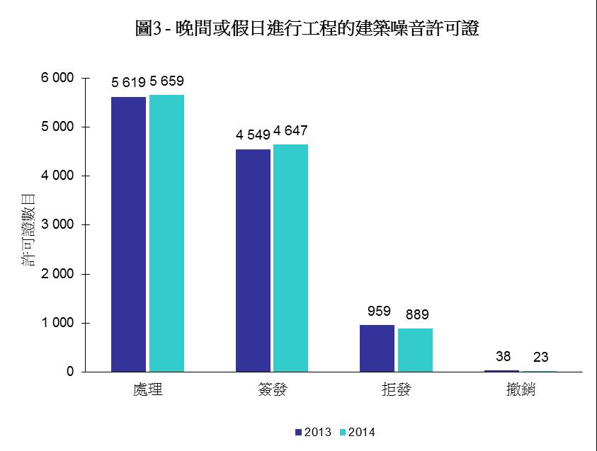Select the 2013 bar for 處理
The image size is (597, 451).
pyautogui.click(x=128, y=234)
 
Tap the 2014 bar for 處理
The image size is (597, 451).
pyautogui.click(x=166, y=233)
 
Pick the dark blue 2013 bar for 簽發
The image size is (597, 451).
pyautogui.click(x=253, y=260)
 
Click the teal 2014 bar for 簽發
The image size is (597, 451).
pyautogui.click(x=291, y=258)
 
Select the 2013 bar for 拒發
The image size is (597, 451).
pyautogui.click(x=377, y=348)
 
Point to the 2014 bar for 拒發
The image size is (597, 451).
pyautogui.click(x=415, y=350)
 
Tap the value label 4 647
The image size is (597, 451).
pyautogui.click(x=290, y=131)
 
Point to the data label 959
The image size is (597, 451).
pyautogui.click(x=379, y=311)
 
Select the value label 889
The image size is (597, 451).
pyautogui.click(x=417, y=314)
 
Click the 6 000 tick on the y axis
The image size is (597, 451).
pyautogui.click(x=57, y=78)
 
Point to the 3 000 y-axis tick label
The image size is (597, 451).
pyautogui.click(x=57, y=225)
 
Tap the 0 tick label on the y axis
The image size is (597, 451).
pyautogui.click(x=70, y=372)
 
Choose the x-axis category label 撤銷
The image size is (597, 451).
pyautogui.click(x=521, y=390)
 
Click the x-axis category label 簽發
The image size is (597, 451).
pyautogui.click(x=272, y=390)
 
